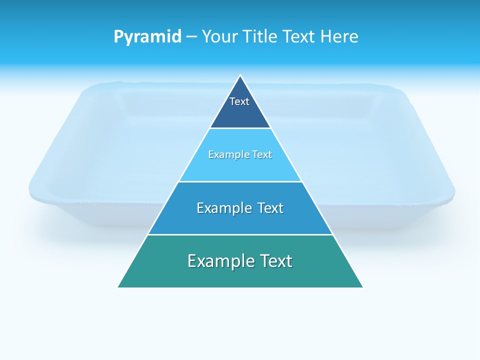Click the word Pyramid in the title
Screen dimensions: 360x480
click(x=147, y=37)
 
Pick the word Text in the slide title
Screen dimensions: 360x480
click(x=299, y=37)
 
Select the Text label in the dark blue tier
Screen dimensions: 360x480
click(x=239, y=101)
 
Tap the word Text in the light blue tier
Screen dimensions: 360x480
click(x=260, y=154)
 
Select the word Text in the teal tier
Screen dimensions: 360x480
click(x=274, y=261)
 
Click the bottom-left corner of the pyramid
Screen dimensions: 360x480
click(x=118, y=287)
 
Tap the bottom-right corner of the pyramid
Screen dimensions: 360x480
click(x=362, y=287)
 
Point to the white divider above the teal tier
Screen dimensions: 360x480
click(x=240, y=234)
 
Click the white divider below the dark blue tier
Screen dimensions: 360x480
click(x=240, y=128)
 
